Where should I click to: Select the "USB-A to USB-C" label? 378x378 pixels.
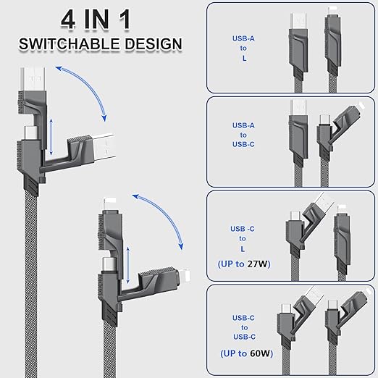tap(239, 135)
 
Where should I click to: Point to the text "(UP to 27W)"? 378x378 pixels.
tap(243, 264)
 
